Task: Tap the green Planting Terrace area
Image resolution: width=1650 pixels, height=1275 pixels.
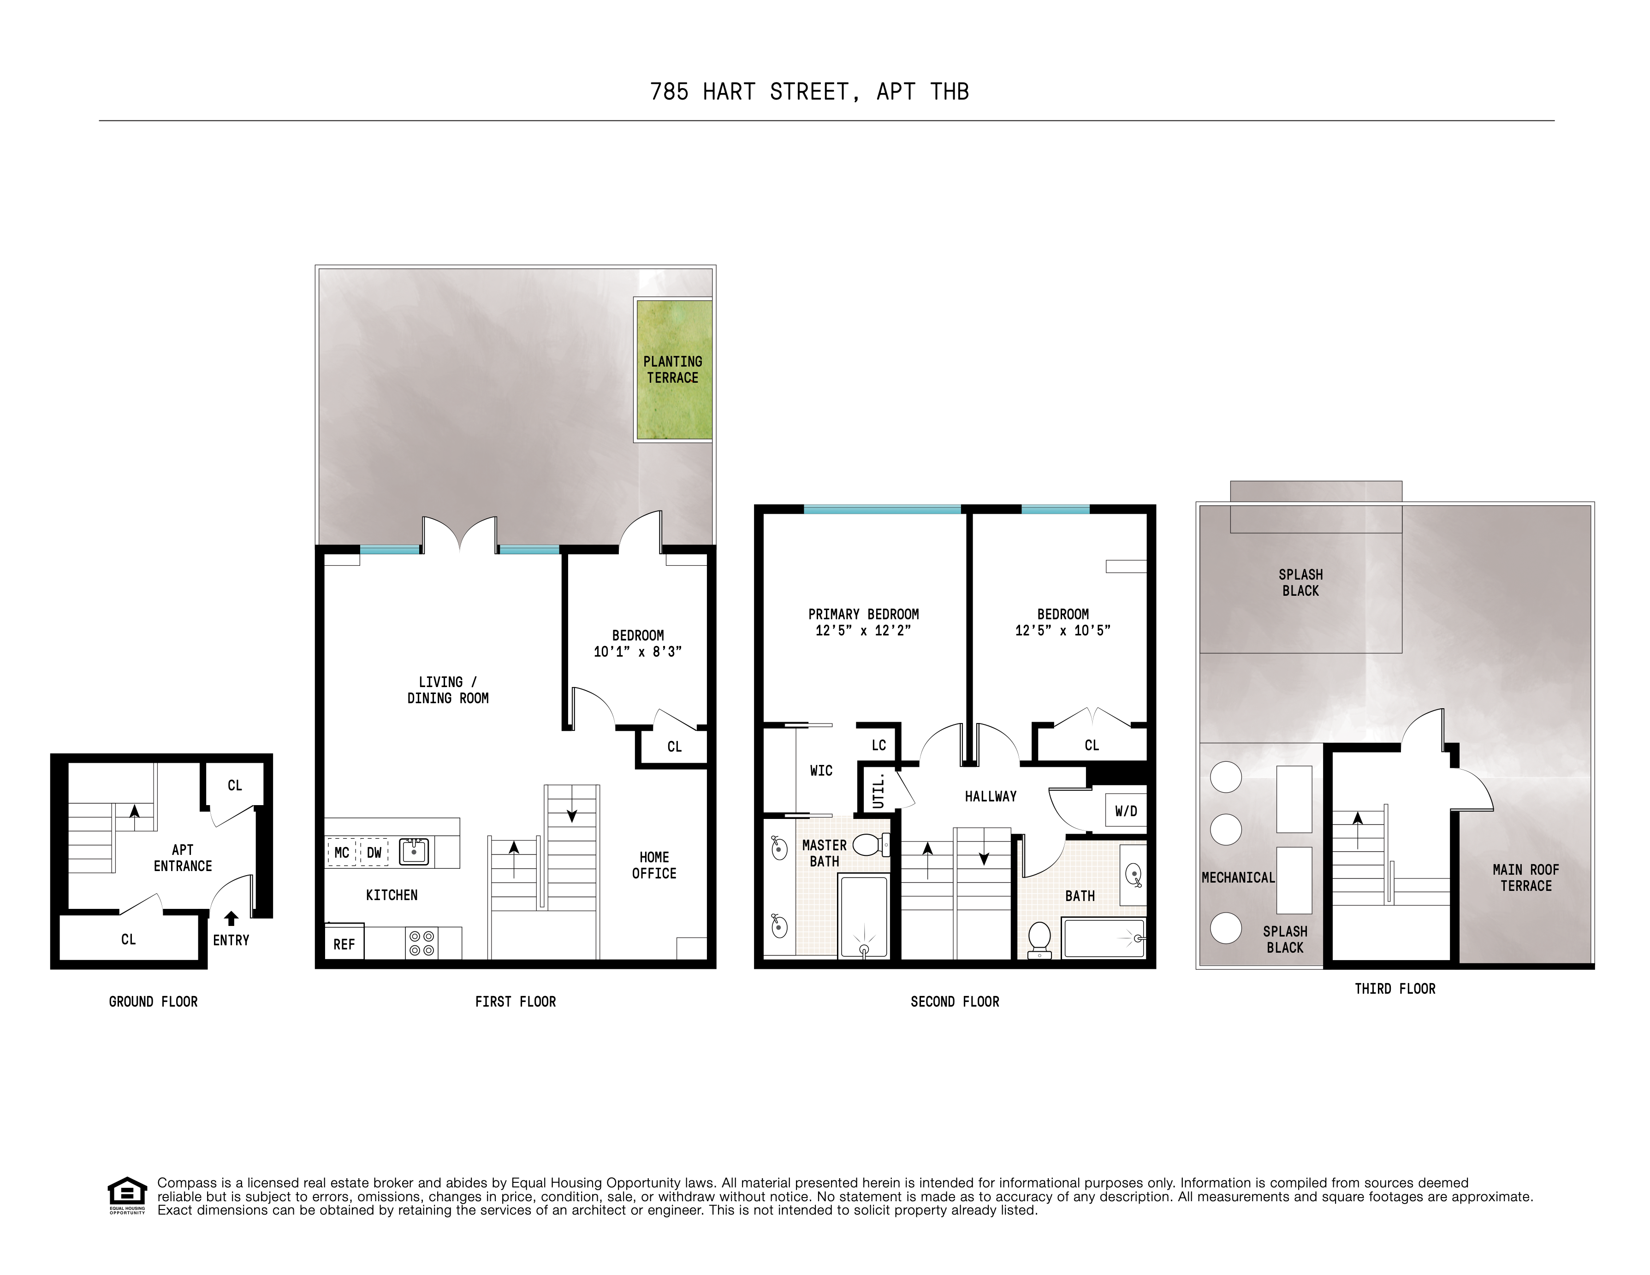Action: (673, 369)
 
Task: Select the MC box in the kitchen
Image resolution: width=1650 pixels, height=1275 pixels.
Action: (342, 853)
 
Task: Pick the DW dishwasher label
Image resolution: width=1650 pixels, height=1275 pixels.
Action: (374, 853)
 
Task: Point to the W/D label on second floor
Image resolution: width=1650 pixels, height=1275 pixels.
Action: (1126, 811)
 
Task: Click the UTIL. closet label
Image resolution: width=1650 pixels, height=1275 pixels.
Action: (878, 790)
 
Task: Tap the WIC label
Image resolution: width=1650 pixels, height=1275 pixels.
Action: (821, 771)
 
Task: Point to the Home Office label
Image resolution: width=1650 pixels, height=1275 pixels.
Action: (654, 865)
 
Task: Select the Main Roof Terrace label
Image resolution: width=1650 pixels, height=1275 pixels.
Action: (1525, 878)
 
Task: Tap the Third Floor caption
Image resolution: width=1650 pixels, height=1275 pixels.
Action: (1395, 989)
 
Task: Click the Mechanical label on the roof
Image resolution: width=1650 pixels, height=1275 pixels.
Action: (1238, 878)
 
